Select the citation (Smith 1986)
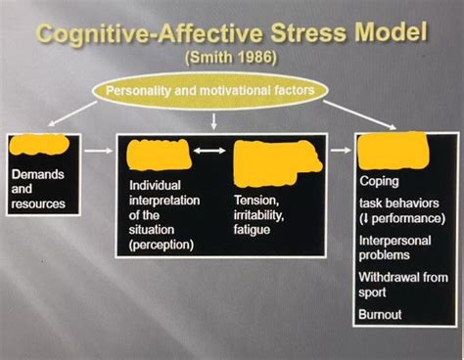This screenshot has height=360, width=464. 231,57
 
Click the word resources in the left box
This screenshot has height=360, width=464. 40,203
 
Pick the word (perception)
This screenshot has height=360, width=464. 162,245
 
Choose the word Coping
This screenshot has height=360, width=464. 380,180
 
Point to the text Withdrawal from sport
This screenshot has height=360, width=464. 402,284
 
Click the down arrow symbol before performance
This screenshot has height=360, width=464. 365,218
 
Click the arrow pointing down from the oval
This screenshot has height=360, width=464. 213,118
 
